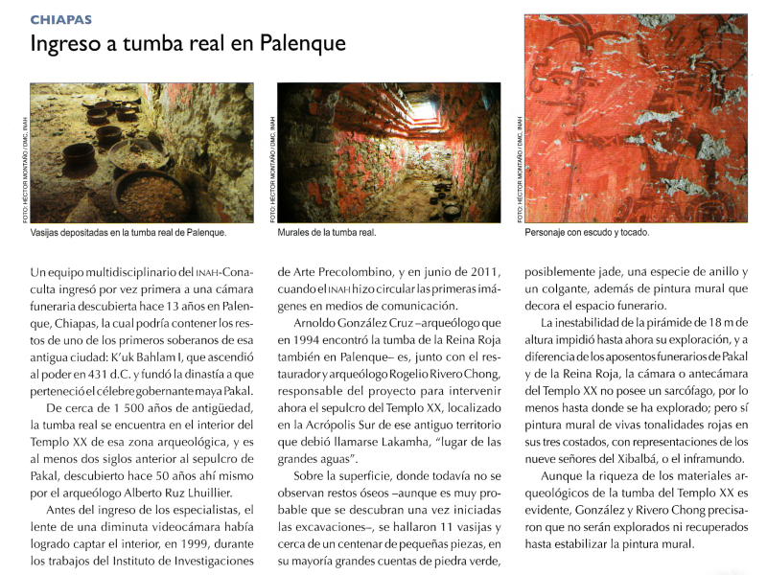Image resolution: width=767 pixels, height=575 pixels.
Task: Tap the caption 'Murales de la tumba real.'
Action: click(326, 233)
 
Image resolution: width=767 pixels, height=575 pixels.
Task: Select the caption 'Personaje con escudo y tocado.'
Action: click(587, 233)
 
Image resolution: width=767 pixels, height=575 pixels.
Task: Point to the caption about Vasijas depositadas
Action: click(128, 233)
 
